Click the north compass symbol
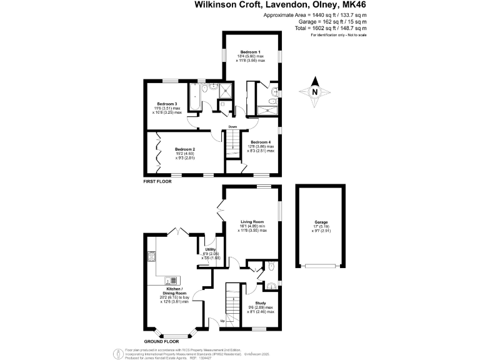pos(315,91)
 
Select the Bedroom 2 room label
pos(185,149)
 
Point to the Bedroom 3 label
pos(167,103)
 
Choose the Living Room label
pos(252,221)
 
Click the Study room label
pos(261,302)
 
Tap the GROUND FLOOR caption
pos(161,341)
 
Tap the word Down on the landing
pos(232,126)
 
